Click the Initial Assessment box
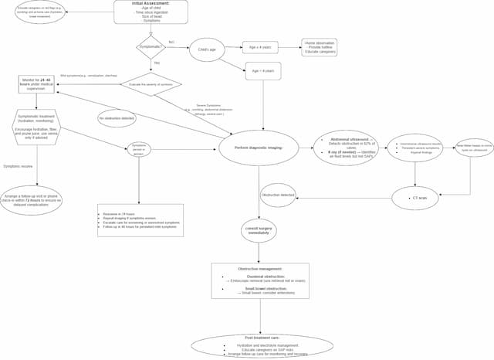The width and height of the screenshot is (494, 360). [x=151, y=12]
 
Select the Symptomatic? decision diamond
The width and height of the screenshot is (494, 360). [x=151, y=48]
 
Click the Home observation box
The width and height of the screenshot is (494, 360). [x=319, y=47]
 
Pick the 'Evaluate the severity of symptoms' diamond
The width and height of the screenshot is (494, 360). [x=151, y=84]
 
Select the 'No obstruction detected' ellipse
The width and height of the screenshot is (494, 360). [x=117, y=118]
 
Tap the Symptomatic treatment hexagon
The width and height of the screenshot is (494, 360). [x=36, y=128]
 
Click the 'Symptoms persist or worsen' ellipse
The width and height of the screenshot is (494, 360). [x=139, y=148]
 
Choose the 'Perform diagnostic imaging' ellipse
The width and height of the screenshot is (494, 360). [x=259, y=148]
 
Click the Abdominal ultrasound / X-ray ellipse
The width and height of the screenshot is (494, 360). [x=346, y=147]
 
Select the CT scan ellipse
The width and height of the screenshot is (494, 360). [x=415, y=198]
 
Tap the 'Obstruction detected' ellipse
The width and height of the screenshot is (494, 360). [x=278, y=195]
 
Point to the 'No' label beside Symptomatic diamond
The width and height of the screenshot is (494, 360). [x=171, y=42]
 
